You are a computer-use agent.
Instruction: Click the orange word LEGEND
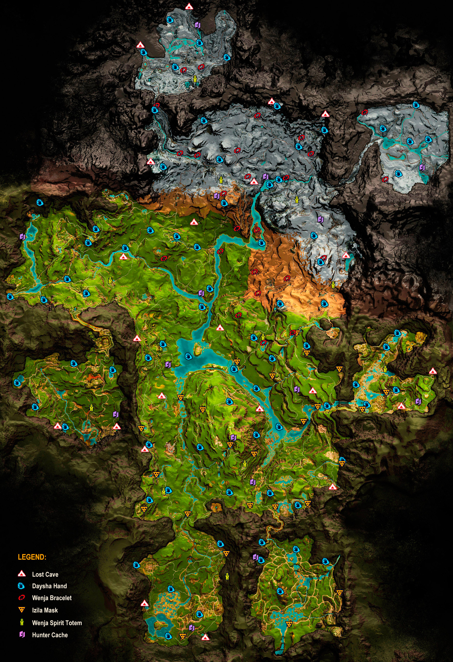coord(32,557)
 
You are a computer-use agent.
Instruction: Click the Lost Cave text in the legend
coord(45,574)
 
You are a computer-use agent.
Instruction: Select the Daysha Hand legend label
coord(49,586)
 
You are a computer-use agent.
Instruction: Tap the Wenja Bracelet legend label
coord(52,598)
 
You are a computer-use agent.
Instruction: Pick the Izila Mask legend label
coord(45,610)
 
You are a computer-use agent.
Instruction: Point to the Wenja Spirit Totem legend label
coord(57,623)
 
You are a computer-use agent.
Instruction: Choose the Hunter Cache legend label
coord(50,635)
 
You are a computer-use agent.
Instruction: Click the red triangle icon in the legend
coord(22,574)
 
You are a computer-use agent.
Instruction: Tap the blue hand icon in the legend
coord(22,586)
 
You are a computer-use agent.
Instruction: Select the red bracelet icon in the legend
coord(22,598)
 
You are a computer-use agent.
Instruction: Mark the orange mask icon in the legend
coord(22,610)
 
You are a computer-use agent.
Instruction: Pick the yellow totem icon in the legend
coord(22,622)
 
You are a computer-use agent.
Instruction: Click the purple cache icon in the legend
coord(22,635)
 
